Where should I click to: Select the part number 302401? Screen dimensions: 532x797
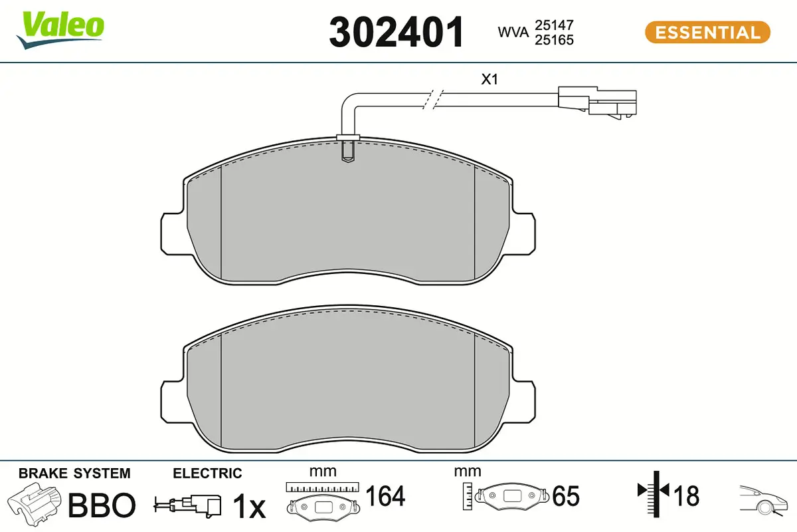click(397, 32)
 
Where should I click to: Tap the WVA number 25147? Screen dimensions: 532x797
click(553, 25)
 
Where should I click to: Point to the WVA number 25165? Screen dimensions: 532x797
click(553, 40)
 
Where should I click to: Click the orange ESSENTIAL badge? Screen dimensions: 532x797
click(707, 32)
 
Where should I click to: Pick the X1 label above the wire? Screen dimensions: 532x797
click(489, 80)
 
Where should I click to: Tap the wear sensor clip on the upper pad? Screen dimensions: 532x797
click(347, 148)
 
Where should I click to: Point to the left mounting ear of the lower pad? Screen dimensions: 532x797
click(171, 400)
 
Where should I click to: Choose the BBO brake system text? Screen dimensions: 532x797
click(102, 505)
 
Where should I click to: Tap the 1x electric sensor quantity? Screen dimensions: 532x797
click(248, 507)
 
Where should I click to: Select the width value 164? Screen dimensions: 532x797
click(385, 496)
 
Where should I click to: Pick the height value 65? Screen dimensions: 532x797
click(565, 496)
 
